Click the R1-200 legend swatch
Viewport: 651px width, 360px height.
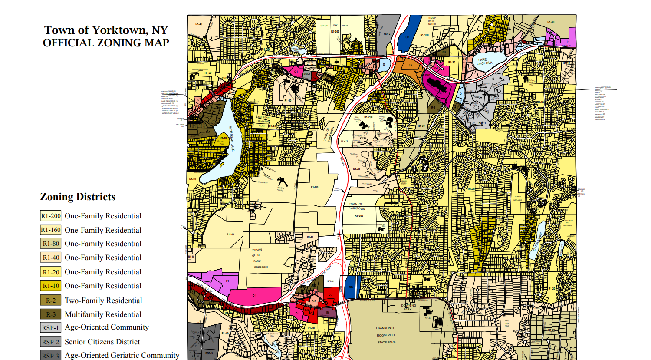pos(51,216)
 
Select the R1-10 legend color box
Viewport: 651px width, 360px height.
pos(51,286)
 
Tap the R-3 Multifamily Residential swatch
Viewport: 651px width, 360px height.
pos(51,314)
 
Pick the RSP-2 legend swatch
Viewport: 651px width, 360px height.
pos(51,342)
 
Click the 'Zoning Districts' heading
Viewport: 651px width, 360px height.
pos(78,197)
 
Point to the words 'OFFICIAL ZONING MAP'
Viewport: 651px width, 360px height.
pos(106,43)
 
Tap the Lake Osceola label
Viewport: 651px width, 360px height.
pos(484,62)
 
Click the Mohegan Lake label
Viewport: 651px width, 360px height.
pos(231,139)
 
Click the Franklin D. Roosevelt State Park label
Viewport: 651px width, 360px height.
pos(386,335)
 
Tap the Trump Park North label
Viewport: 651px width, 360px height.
pos(431,21)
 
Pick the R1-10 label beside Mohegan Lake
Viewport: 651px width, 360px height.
pos(223,138)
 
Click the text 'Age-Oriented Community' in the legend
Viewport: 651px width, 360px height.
pos(107,327)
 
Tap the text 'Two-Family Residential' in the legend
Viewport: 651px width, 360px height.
pos(103,301)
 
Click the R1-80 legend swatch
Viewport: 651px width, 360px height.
pos(51,244)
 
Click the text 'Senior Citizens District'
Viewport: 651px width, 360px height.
pos(102,342)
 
